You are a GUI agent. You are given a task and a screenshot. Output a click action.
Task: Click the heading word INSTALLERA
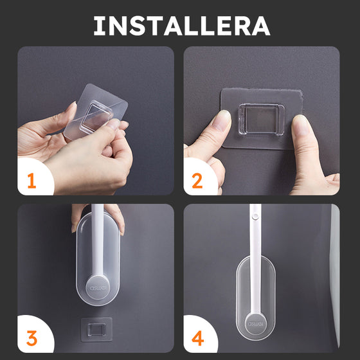click(x=181, y=26)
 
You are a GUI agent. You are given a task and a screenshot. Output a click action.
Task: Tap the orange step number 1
click(x=32, y=181)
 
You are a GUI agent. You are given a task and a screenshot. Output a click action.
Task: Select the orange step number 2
click(x=197, y=181)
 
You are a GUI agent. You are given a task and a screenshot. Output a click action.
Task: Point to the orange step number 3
click(x=32, y=338)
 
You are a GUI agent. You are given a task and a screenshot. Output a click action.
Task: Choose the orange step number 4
click(x=198, y=338)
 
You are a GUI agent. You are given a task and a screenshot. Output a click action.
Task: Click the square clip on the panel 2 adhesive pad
click(x=261, y=119)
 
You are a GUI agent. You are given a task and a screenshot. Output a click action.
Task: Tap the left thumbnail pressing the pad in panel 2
click(x=221, y=121)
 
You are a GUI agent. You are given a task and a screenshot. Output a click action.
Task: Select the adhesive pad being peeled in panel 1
click(x=96, y=112)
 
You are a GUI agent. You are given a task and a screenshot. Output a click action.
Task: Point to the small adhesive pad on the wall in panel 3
click(x=96, y=329)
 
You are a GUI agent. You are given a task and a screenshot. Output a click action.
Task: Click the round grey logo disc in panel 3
click(x=98, y=288)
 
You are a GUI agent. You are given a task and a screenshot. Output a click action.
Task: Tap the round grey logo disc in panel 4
click(x=256, y=324)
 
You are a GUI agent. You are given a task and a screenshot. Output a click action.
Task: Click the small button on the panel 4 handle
click(x=255, y=216)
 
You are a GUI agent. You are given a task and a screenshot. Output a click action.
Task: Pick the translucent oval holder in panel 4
click(x=256, y=298)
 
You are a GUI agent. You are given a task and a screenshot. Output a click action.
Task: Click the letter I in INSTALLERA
click(x=99, y=26)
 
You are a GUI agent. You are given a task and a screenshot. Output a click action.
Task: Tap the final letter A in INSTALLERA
click(x=261, y=26)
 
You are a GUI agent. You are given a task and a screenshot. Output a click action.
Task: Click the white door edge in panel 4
click(x=334, y=276)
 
